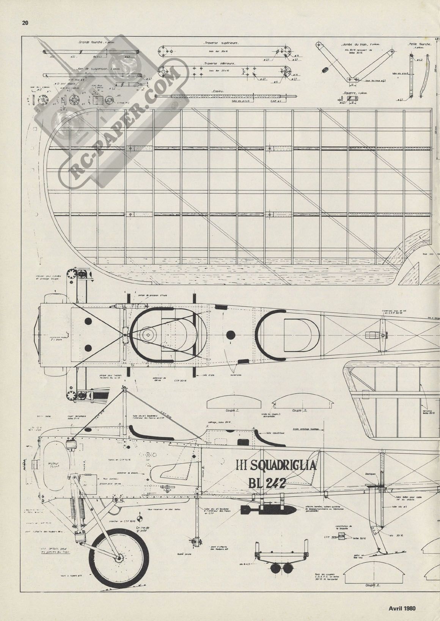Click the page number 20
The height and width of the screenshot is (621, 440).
tap(25, 23)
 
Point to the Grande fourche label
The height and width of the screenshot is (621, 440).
tap(91, 42)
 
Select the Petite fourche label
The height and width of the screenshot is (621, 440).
tap(420, 44)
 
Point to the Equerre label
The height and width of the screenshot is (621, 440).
tap(350, 93)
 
